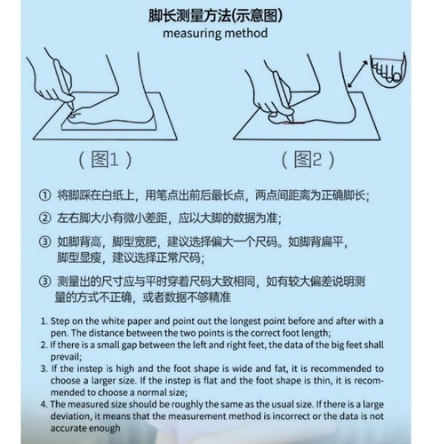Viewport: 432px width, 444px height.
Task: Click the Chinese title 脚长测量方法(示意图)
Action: (215, 15)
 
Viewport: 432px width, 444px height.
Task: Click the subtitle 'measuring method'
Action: (215, 33)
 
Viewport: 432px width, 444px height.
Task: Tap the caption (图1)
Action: (105, 160)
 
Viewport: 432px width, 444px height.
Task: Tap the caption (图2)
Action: (308, 160)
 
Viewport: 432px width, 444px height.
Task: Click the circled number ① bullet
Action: (44, 195)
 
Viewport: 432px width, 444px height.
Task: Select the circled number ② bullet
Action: (44, 218)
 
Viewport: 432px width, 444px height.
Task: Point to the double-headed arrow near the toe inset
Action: (358, 75)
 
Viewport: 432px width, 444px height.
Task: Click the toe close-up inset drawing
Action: (388, 70)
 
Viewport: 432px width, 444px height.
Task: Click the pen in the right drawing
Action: (283, 96)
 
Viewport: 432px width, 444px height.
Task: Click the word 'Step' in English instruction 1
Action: (60, 321)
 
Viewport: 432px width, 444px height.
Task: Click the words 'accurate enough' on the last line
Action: (85, 428)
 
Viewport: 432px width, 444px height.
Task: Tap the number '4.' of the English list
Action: (44, 404)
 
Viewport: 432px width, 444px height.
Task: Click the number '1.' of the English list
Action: (44, 321)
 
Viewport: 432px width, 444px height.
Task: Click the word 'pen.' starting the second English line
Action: (60, 334)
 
